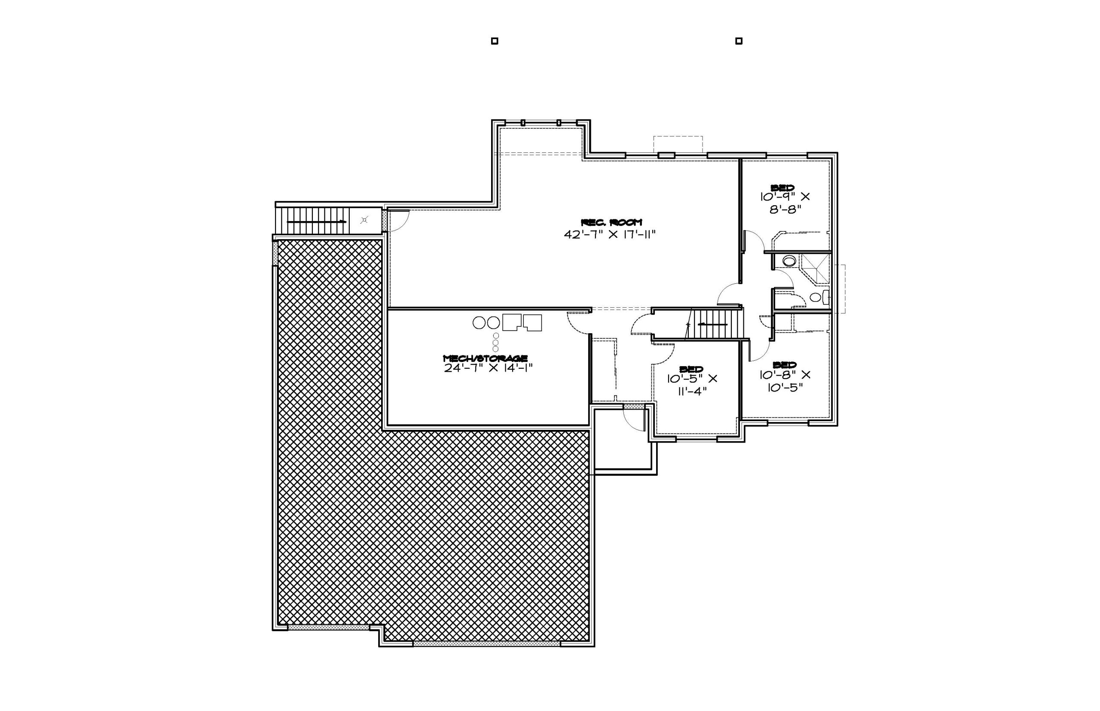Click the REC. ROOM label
(x=611, y=222)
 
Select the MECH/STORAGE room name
(x=485, y=358)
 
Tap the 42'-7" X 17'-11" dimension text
(x=610, y=234)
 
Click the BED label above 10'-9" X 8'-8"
(x=782, y=188)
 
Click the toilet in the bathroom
(x=819, y=297)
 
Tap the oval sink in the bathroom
(x=789, y=261)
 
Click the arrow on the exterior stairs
(x=316, y=222)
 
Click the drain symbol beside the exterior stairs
(x=364, y=220)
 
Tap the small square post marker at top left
(x=494, y=41)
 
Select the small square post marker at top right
(x=739, y=41)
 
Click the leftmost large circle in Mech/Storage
(x=479, y=322)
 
